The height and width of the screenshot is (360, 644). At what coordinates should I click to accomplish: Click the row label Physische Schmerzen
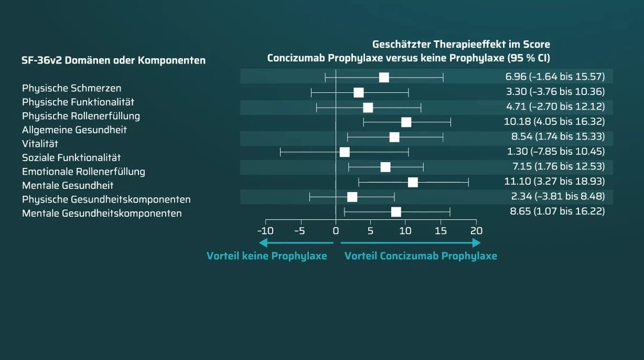[72, 88]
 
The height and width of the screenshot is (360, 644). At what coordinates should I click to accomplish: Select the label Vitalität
[40, 143]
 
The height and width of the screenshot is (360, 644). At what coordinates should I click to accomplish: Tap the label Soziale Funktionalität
[71, 157]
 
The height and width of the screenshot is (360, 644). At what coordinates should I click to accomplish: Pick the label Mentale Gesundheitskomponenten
[102, 213]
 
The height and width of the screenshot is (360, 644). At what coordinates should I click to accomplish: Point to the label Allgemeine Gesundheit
[74, 130]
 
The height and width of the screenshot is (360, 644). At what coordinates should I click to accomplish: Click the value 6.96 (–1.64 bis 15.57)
[555, 77]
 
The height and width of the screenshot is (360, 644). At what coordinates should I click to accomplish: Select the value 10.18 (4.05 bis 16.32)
[554, 121]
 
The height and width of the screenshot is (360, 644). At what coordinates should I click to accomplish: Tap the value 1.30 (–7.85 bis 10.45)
[556, 151]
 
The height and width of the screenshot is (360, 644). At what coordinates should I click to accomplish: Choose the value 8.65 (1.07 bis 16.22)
[557, 211]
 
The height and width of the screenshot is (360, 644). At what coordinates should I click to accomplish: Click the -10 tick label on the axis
[265, 231]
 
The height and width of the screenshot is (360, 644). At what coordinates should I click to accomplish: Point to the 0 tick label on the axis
[336, 231]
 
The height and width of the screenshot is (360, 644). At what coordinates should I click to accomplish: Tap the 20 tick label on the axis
[476, 231]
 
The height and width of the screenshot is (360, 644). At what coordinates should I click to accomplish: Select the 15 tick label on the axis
[441, 231]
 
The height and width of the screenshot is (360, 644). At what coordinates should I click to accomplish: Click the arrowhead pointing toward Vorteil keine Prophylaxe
[263, 243]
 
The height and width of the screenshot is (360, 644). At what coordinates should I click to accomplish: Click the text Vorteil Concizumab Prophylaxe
[421, 256]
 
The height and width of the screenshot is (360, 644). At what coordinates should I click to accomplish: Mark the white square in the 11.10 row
[413, 183]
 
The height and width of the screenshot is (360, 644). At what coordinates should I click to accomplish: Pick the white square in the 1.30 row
[345, 152]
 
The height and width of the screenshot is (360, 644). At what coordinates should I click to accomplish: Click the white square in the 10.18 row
[406, 122]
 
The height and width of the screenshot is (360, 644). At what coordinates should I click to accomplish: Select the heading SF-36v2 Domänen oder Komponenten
[114, 60]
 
